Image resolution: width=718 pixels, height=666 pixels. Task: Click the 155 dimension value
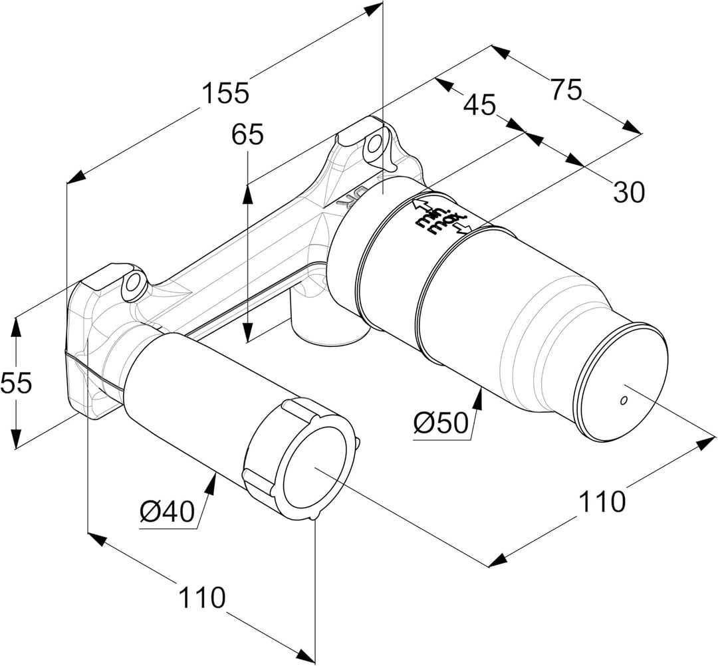tap(225, 92)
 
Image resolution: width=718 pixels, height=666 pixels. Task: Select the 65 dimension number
tap(247, 135)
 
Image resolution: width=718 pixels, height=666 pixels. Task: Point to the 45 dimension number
tap(479, 104)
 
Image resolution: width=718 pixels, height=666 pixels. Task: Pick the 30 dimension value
tap(628, 193)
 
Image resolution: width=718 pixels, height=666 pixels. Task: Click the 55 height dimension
tap(16, 384)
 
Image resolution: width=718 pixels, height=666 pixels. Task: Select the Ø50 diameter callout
tap(441, 422)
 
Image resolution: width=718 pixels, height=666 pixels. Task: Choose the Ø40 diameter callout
tap(167, 512)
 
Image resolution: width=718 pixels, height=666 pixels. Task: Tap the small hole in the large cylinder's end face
tap(623, 400)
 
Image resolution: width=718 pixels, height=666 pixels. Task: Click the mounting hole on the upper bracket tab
tap(375, 144)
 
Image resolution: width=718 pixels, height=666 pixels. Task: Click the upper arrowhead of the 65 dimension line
tap(247, 191)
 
